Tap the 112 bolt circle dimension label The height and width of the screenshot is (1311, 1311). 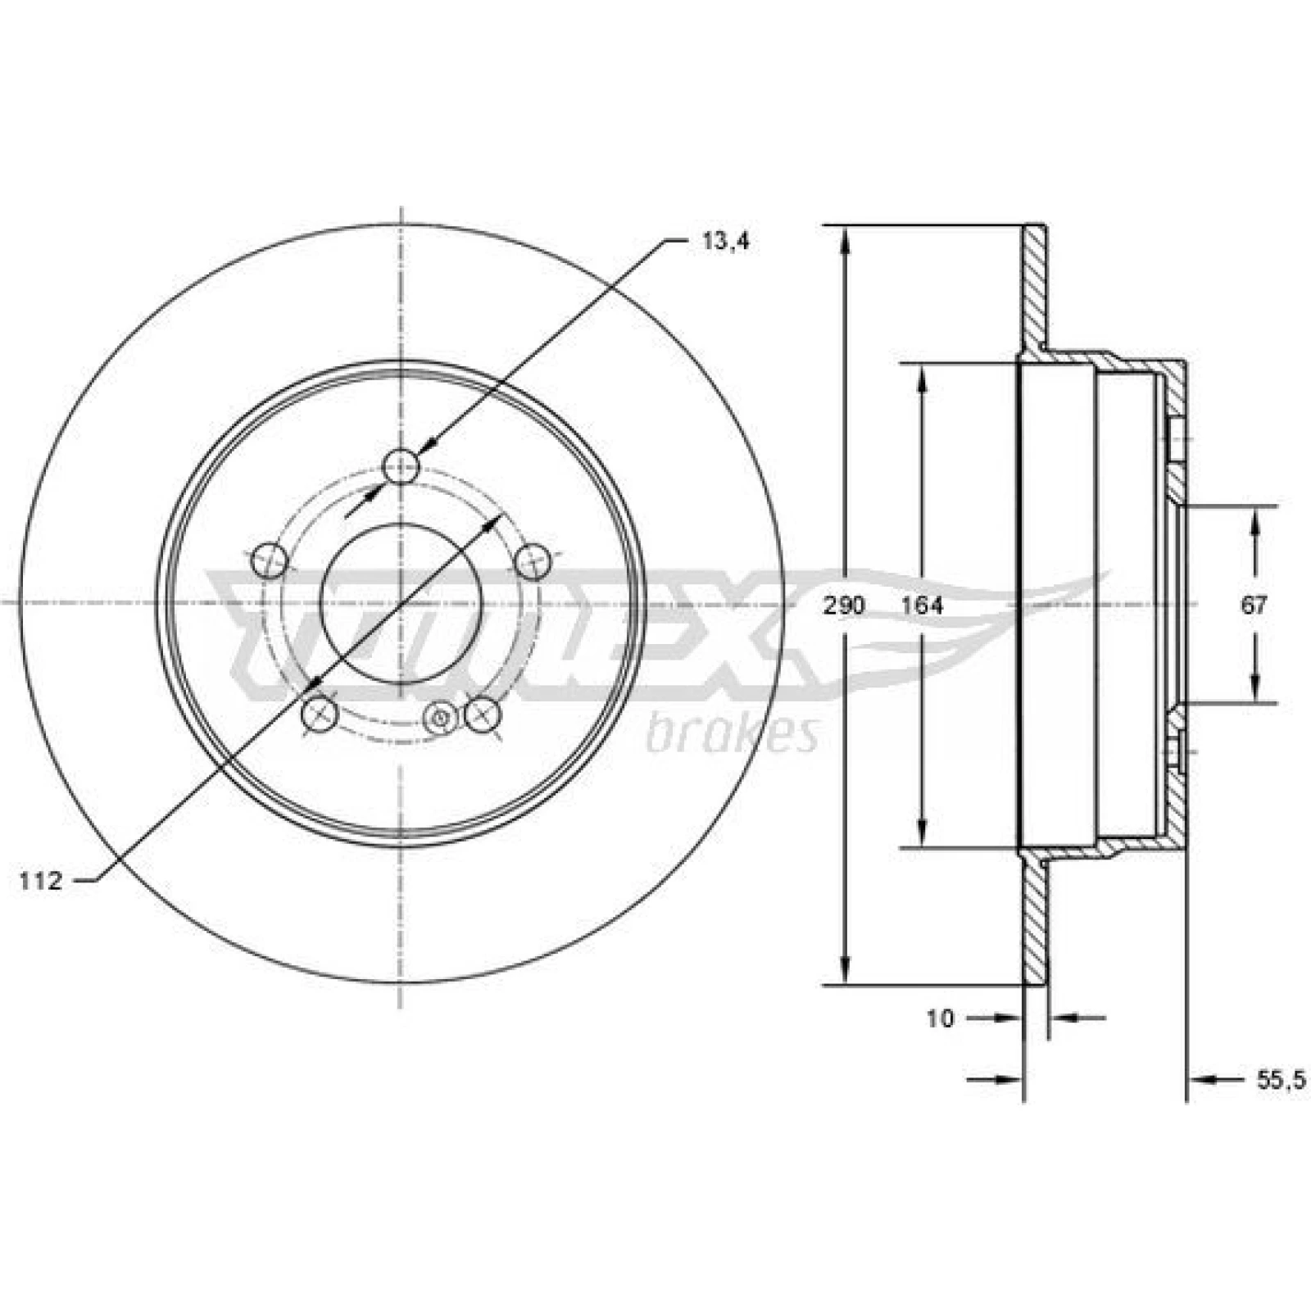coord(42,882)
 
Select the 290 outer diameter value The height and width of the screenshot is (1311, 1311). coord(844,606)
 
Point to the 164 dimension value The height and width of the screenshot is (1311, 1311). coord(922,606)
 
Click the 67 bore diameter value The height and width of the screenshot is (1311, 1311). coord(1254,606)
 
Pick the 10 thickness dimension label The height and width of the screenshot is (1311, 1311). coord(941,1018)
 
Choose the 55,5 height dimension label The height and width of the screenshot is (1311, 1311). coord(1279,1081)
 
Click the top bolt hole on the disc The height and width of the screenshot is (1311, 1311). coord(401,467)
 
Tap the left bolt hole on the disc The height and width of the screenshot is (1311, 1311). coord(269,562)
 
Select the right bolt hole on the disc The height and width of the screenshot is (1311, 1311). coord(534,561)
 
